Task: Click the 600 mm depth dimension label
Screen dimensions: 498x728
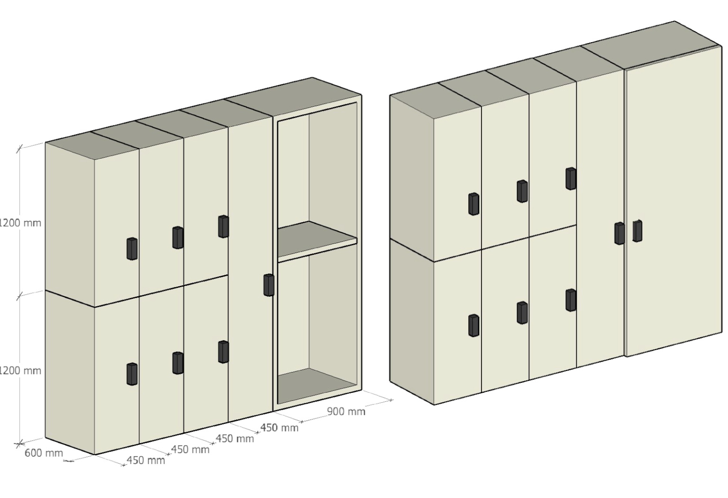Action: coord(44,453)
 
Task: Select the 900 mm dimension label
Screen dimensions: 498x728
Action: coord(346,411)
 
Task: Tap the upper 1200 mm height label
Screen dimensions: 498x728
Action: coord(20,223)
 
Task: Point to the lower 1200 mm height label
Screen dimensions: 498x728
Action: coord(20,371)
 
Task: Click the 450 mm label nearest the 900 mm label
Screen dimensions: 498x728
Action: coord(280,428)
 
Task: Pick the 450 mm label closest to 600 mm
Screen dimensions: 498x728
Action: coord(146,460)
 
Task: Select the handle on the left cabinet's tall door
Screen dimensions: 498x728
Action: coord(269,285)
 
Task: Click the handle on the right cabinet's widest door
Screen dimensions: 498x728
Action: coord(637,231)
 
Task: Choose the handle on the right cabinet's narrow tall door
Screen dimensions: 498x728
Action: coord(619,233)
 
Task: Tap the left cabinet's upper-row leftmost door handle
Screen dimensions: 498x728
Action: coord(132,248)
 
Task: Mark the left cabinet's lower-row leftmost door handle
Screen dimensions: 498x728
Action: coord(132,374)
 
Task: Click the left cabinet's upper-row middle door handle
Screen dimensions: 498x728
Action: coord(178,237)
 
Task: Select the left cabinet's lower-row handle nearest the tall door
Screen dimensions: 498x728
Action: coord(223,352)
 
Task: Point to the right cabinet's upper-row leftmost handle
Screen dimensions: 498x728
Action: coord(473,204)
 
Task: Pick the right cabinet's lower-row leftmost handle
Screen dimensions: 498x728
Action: coord(473,325)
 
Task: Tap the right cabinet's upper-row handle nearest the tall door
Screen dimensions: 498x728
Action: coord(571,178)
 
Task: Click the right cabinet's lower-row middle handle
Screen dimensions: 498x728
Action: coord(522,313)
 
